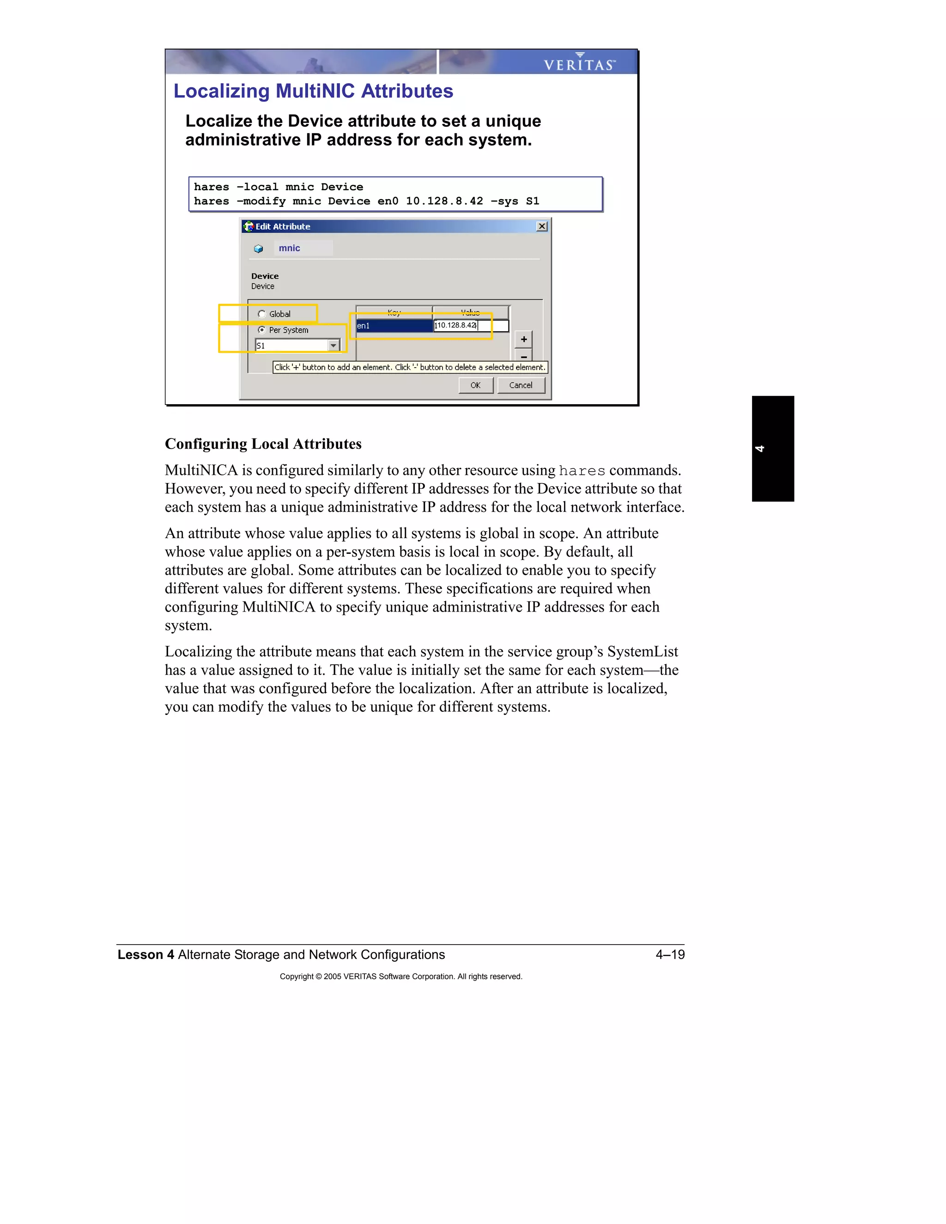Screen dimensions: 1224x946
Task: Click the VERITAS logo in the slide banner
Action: pyautogui.click(x=580, y=63)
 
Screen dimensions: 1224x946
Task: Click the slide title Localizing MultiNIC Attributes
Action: pyautogui.click(x=313, y=91)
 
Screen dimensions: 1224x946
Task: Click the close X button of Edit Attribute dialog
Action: pyautogui.click(x=541, y=226)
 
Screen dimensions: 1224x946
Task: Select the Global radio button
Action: pyautogui.click(x=262, y=314)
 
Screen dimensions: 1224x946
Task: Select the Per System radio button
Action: pyautogui.click(x=262, y=329)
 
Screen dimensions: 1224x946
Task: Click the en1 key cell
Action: pyautogui.click(x=394, y=326)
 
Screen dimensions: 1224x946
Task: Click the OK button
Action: pyautogui.click(x=475, y=385)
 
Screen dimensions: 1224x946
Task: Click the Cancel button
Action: pyautogui.click(x=521, y=385)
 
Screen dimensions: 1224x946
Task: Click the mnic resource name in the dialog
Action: pyautogui.click(x=289, y=248)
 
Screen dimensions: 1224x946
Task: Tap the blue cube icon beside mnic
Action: pyautogui.click(x=258, y=249)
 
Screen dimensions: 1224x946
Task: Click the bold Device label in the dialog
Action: pyautogui.click(x=265, y=276)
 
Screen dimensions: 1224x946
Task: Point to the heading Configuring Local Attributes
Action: pyautogui.click(x=263, y=444)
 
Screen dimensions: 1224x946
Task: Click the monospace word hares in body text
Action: pyautogui.click(x=582, y=471)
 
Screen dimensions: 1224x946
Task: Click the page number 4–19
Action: pyautogui.click(x=670, y=954)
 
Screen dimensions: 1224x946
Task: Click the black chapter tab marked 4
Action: pyautogui.click(x=772, y=448)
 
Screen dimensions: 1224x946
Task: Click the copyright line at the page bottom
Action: pyautogui.click(x=400, y=976)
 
